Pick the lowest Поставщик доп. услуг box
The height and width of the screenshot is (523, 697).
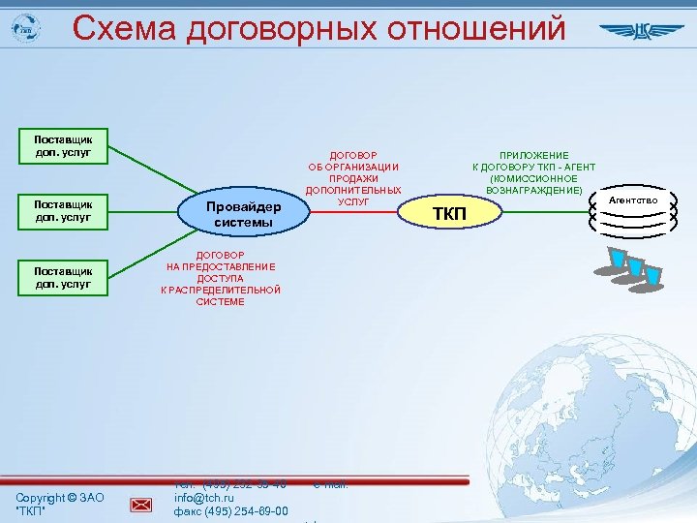64,278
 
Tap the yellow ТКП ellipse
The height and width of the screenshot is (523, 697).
448,213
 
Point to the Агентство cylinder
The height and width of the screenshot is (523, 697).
634,214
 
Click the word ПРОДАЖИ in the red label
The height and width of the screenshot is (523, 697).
353,178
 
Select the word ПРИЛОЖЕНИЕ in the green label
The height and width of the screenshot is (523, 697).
533,155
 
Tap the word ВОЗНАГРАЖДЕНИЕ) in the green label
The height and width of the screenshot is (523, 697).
534,190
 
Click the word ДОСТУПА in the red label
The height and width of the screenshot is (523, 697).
221,278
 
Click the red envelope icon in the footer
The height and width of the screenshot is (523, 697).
141,503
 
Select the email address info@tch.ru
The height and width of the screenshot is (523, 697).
203,498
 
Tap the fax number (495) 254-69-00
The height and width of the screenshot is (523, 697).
243,510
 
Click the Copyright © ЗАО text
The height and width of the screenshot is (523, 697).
59,497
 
